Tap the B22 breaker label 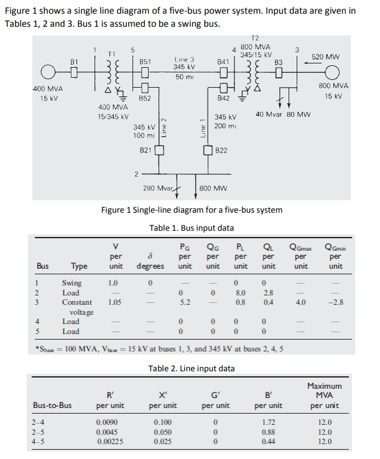(x=221, y=151)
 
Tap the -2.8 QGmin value (x=335, y=302)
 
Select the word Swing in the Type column (x=72, y=282)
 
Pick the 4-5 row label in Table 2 (x=38, y=441)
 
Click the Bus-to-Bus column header (x=52, y=406)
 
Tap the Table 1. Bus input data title (x=192, y=228)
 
